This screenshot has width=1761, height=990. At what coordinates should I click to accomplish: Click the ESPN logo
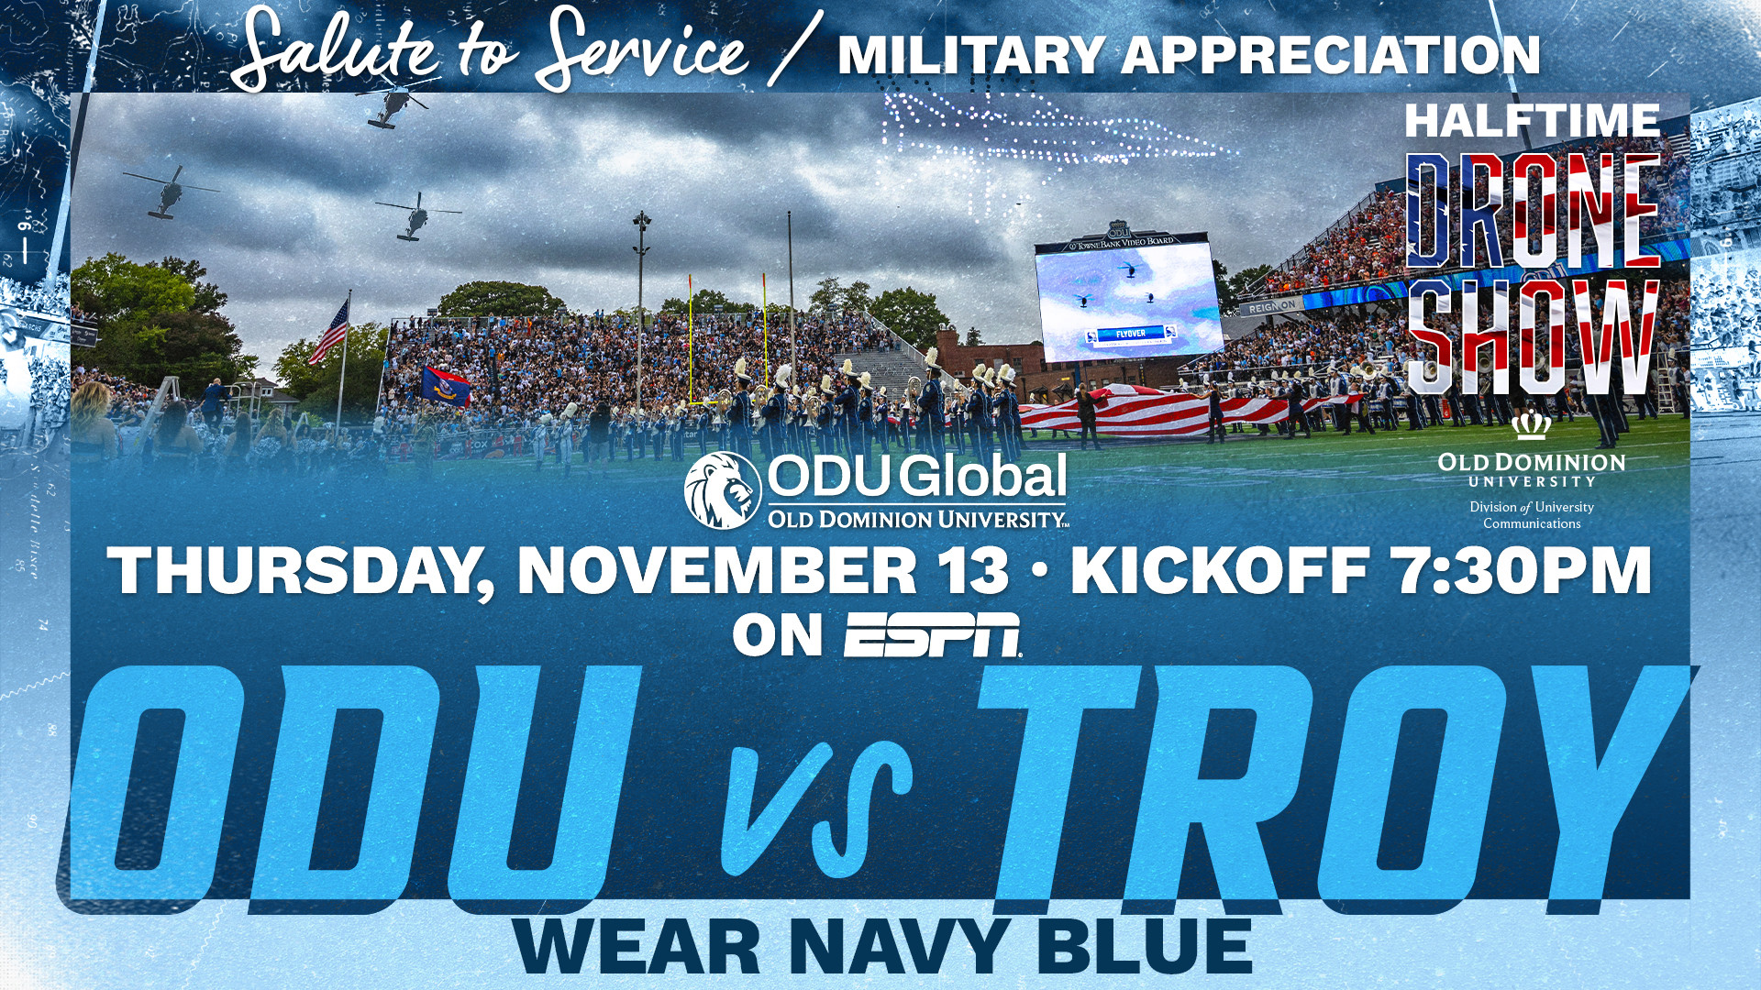pos(933,635)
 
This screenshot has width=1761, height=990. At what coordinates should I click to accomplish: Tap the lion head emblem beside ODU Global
pos(723,490)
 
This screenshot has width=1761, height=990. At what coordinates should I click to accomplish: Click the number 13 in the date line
pos(975,570)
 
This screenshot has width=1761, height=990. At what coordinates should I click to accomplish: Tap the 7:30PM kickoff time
pos(1523,570)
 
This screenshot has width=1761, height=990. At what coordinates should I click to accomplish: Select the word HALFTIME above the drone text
pos(1532,120)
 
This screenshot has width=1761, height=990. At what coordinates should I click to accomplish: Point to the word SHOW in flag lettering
pos(1534,336)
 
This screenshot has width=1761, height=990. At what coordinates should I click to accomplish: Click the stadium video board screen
pos(1128,302)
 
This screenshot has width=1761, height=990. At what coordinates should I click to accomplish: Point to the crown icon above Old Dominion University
pos(1532,426)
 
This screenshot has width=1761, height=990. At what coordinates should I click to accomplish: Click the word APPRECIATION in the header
pos(1330,55)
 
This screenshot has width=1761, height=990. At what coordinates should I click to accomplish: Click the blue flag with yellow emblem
pos(445,385)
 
